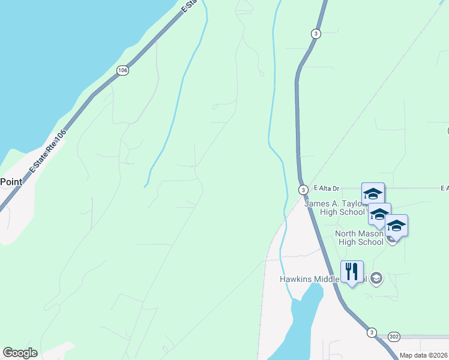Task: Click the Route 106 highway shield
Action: tap(123, 71)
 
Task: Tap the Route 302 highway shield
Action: tap(394, 337)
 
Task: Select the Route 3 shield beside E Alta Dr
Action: tap(304, 190)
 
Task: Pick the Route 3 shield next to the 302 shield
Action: tap(372, 332)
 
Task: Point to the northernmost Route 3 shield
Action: tap(315, 34)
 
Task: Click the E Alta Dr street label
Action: tap(325, 189)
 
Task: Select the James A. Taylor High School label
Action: tap(334, 208)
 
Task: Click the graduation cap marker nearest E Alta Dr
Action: tap(373, 193)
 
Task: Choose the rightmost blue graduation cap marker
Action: tap(396, 226)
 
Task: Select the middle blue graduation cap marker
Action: tap(379, 214)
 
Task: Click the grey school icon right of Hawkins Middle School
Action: tap(376, 278)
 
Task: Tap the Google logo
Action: tap(20, 353)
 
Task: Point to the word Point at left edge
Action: tap(11, 182)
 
